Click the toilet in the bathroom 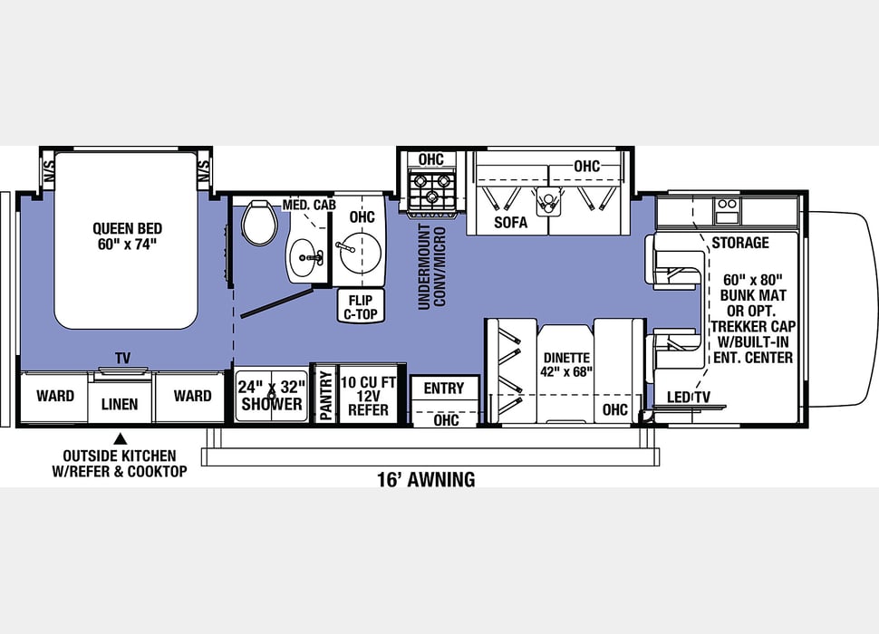tap(259, 222)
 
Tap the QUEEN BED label tap(127, 228)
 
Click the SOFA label tap(510, 222)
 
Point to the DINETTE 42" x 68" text tap(566, 365)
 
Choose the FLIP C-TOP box tap(361, 306)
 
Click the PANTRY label tap(325, 396)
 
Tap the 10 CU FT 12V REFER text tap(368, 396)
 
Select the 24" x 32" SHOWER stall tap(271, 396)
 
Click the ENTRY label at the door tap(444, 389)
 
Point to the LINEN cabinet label tap(120, 404)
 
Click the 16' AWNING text tap(426, 479)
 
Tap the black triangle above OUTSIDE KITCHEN tap(120, 438)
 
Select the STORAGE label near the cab tap(740, 243)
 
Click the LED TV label tap(688, 397)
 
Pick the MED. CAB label tap(309, 205)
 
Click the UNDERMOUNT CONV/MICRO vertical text tap(431, 267)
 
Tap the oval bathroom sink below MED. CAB tap(305, 258)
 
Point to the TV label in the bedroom tap(122, 358)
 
